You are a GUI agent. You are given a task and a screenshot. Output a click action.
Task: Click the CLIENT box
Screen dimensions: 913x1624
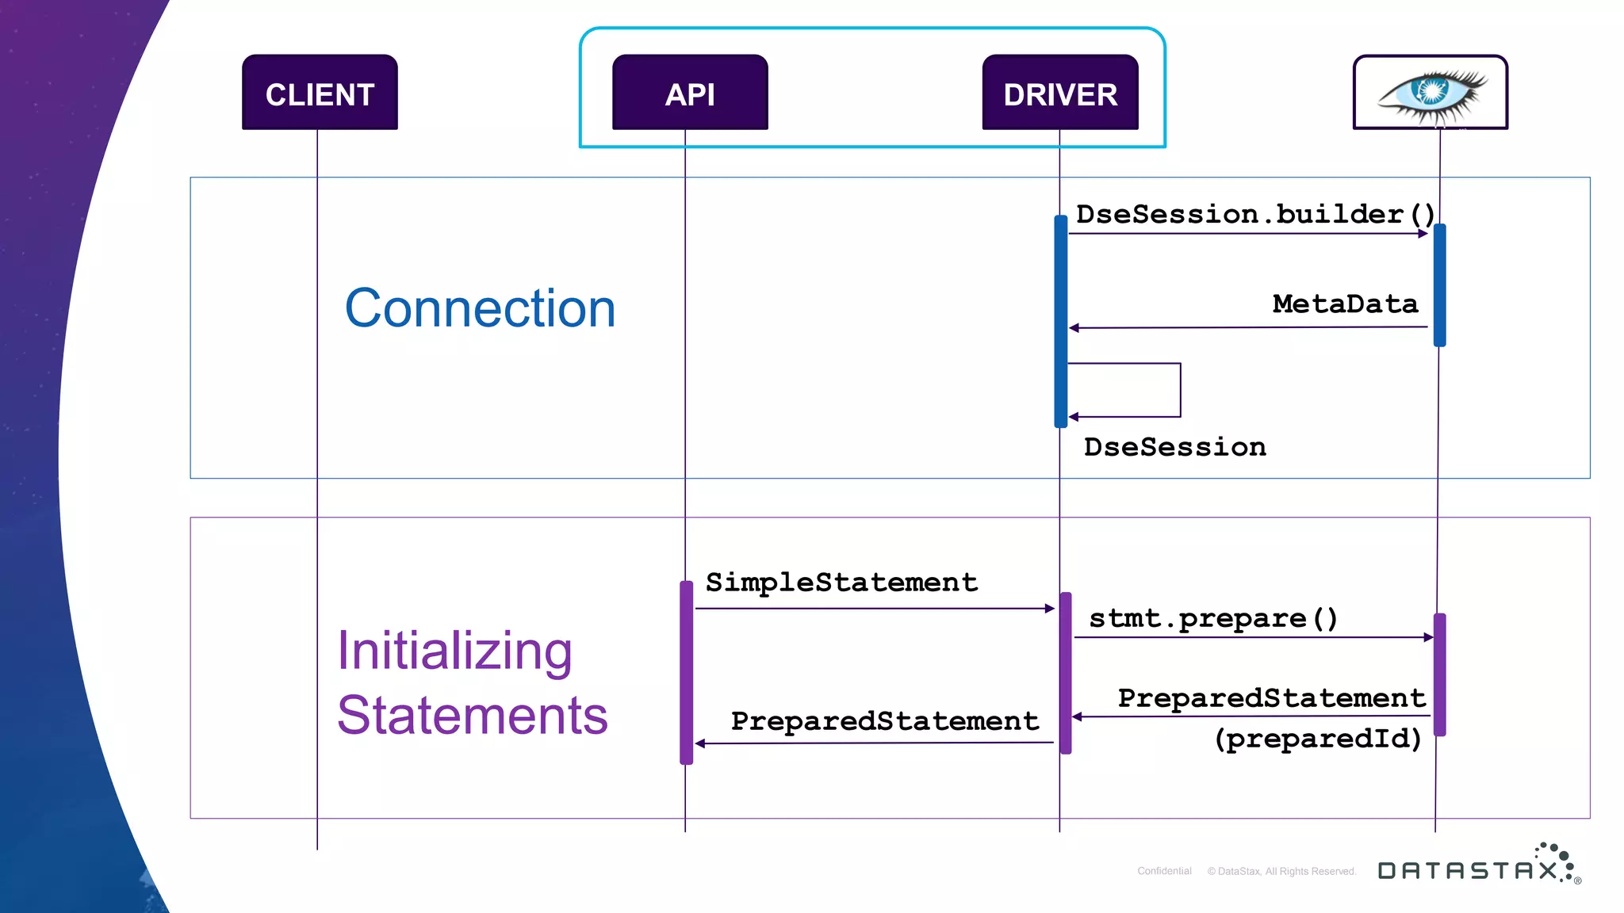[320, 93]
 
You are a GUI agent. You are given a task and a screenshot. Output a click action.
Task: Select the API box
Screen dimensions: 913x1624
[690, 93]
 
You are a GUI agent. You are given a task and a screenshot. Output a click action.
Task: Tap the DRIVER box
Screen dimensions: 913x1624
[1060, 93]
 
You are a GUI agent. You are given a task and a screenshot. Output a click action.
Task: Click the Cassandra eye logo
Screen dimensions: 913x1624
[1431, 94]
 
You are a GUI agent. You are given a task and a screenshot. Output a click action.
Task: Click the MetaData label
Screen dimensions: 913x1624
[1345, 304]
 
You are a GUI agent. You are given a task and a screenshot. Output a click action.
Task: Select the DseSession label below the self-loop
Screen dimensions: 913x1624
[1174, 447]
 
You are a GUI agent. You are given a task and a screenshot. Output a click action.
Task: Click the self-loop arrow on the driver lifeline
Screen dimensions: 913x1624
[1179, 390]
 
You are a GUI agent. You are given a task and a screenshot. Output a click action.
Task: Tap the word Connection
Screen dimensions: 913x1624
[480, 308]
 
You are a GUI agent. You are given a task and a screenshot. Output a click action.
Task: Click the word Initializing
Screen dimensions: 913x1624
[454, 651]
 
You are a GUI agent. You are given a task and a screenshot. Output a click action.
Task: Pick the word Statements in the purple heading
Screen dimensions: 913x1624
[472, 716]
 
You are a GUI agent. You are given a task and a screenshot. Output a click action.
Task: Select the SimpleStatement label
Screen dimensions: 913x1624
[841, 583]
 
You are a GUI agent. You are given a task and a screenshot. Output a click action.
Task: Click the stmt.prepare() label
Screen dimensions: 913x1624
[1213, 618]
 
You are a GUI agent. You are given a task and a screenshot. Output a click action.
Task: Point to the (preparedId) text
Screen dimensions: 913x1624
[1317, 739]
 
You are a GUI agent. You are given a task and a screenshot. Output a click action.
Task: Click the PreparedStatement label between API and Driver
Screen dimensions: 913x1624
[884, 721]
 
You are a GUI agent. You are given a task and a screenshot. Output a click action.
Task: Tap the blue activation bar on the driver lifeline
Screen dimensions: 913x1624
[1060, 321]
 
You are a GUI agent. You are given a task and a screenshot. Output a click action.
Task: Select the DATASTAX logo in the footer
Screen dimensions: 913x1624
[1477, 867]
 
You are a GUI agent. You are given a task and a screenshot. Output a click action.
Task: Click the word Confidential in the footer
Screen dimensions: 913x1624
[1164, 871]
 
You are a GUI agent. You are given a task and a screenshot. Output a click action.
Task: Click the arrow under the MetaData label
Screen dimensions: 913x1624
[1248, 327]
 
